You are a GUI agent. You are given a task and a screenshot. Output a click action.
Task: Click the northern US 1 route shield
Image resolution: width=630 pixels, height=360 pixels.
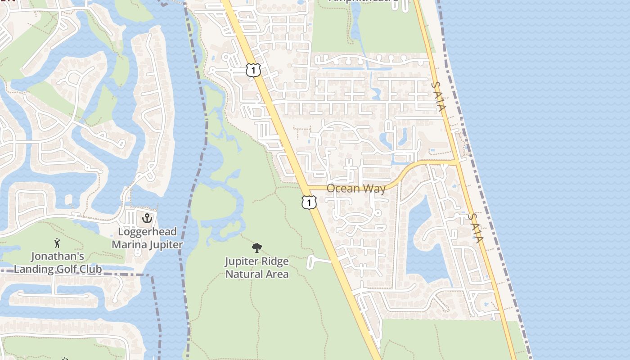click(253, 70)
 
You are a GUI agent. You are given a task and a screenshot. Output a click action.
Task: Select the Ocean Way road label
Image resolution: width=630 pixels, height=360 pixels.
click(356, 188)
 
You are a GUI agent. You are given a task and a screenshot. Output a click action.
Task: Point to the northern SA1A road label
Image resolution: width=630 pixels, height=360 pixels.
click(438, 96)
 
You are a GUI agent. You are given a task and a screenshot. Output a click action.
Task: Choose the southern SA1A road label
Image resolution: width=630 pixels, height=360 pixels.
click(475, 228)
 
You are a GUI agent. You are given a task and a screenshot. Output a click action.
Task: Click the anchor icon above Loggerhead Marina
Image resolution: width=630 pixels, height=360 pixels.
click(147, 219)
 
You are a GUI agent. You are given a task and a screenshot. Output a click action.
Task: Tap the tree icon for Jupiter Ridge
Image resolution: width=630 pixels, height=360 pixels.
click(257, 247)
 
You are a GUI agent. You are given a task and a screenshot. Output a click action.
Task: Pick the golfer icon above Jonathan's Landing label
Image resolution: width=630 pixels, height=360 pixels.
click(57, 243)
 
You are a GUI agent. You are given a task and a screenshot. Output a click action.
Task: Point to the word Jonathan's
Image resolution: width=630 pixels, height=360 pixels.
click(58, 256)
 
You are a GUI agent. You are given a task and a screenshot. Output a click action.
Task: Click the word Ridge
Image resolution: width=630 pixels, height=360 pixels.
click(275, 261)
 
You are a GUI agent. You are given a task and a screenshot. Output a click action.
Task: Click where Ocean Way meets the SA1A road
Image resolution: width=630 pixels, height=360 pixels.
click(457, 162)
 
